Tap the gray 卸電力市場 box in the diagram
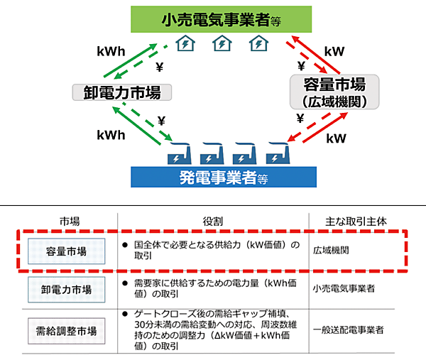click(117, 92)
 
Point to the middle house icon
click(222, 45)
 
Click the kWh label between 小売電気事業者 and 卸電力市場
click(111, 52)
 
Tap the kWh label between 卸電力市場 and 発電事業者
click(111, 134)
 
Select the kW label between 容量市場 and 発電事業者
click(337, 138)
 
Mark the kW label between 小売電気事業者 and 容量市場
click(334, 51)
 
